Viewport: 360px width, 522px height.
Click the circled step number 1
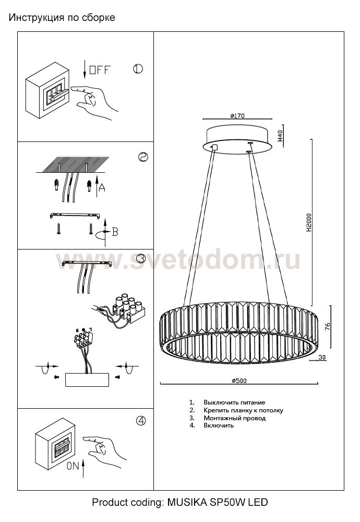[x=138, y=69]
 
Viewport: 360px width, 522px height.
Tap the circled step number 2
[x=143, y=157]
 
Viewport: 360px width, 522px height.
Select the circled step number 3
[x=141, y=258]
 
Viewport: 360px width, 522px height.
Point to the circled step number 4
[x=141, y=421]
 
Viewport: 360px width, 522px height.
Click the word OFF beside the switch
[x=100, y=70]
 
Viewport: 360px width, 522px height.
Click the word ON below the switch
[x=73, y=466]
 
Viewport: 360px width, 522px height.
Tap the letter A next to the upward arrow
[x=102, y=188]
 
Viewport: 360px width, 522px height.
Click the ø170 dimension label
[x=237, y=116]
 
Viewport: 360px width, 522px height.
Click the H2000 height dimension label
[x=309, y=223]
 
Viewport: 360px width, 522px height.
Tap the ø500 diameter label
[x=239, y=381]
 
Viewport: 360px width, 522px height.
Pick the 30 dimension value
[x=322, y=358]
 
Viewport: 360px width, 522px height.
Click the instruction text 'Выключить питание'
[x=235, y=402]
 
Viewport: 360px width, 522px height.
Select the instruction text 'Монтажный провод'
[x=235, y=418]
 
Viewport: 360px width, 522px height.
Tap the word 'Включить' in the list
[x=219, y=425]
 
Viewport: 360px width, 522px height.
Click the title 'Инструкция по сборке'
[x=62, y=17]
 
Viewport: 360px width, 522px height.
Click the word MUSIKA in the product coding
[x=187, y=502]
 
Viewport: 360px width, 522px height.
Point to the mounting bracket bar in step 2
[x=76, y=215]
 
